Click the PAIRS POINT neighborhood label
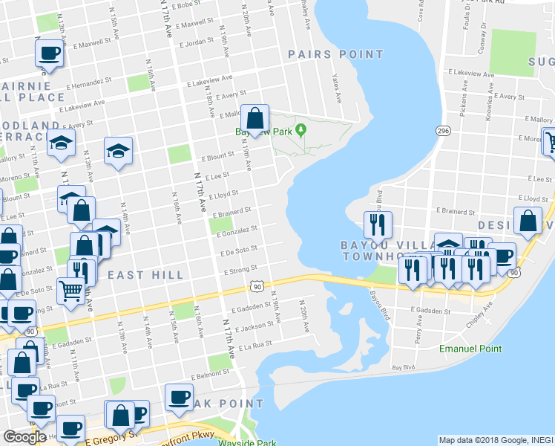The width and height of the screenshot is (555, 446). tap(336, 54)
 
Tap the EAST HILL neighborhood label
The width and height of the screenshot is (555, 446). tap(145, 275)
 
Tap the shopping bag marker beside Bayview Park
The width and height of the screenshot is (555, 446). tap(254, 119)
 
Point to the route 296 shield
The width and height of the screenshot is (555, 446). tap(443, 131)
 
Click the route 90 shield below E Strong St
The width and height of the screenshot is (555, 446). tap(257, 286)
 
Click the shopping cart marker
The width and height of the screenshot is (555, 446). tap(70, 291)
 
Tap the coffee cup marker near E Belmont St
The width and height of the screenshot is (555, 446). tap(178, 396)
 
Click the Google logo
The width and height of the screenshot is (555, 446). tap(24, 437)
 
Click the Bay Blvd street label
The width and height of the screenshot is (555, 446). tap(404, 367)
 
